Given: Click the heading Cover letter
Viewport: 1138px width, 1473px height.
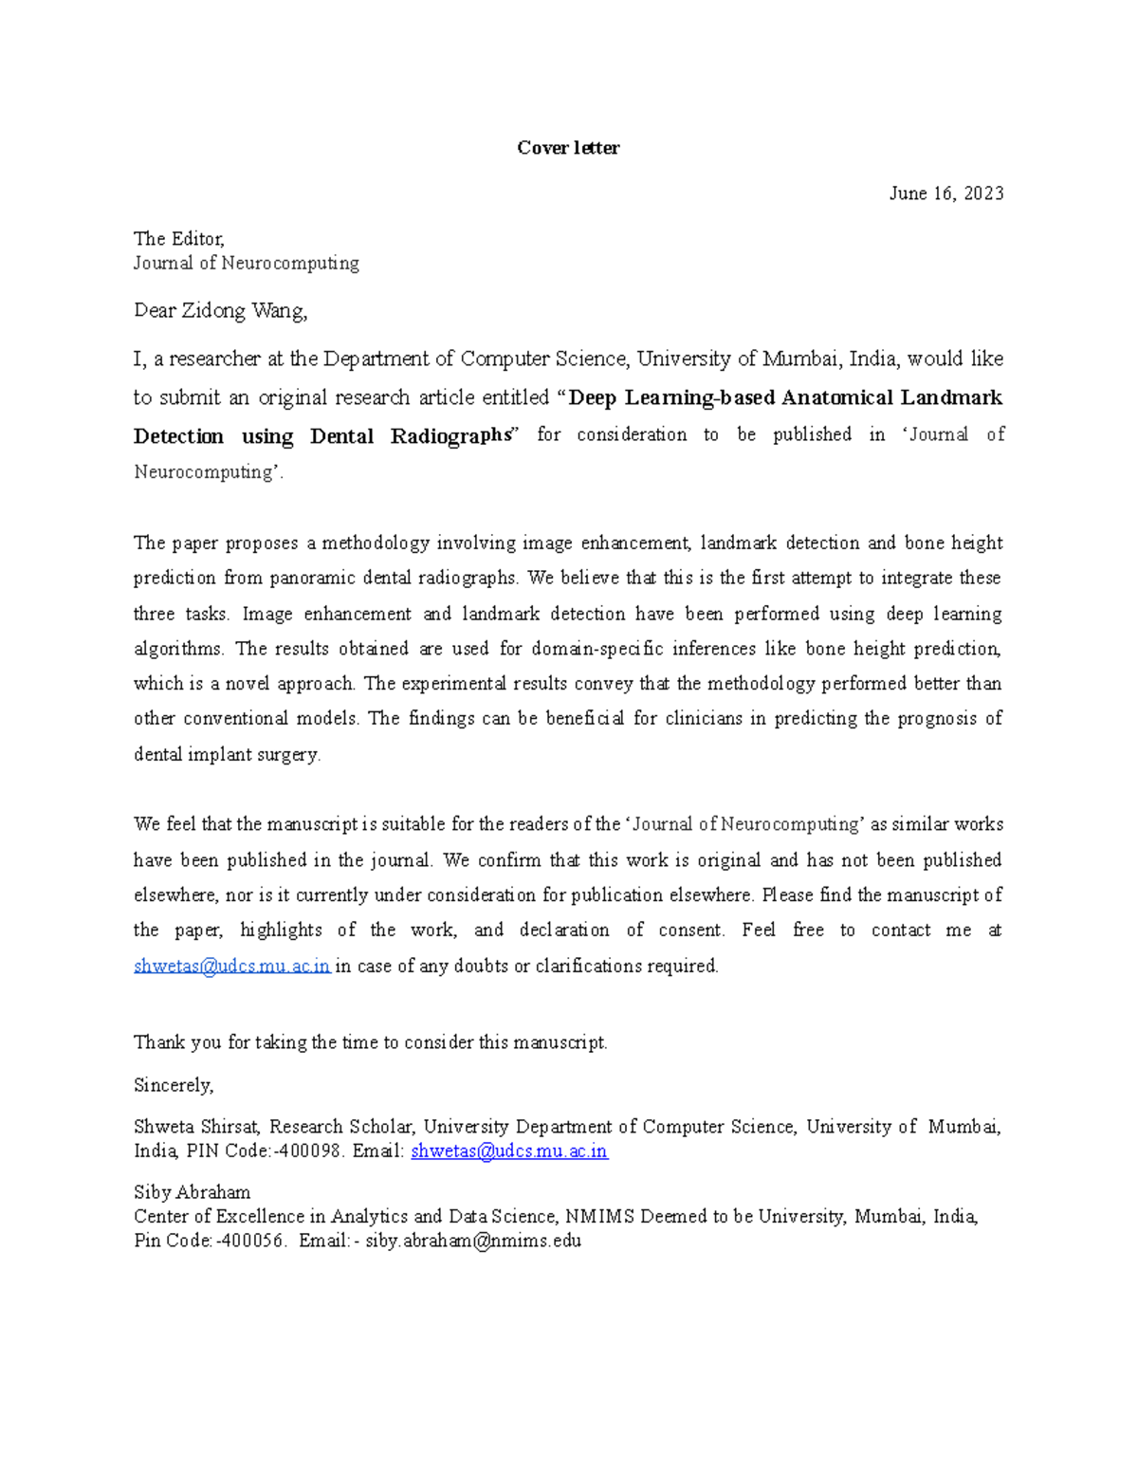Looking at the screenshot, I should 568,148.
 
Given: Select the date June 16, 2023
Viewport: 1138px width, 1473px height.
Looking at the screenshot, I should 945,193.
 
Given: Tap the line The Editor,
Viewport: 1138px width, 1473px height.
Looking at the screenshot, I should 178,239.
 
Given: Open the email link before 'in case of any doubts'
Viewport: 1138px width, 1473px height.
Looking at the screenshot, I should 231,967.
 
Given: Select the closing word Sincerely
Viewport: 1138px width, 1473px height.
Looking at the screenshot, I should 174,1085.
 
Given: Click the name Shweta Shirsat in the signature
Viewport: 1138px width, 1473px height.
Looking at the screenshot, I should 196,1127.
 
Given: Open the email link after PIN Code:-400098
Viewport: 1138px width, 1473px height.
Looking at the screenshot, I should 508,1151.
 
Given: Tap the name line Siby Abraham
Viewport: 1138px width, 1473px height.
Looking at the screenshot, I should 192,1193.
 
